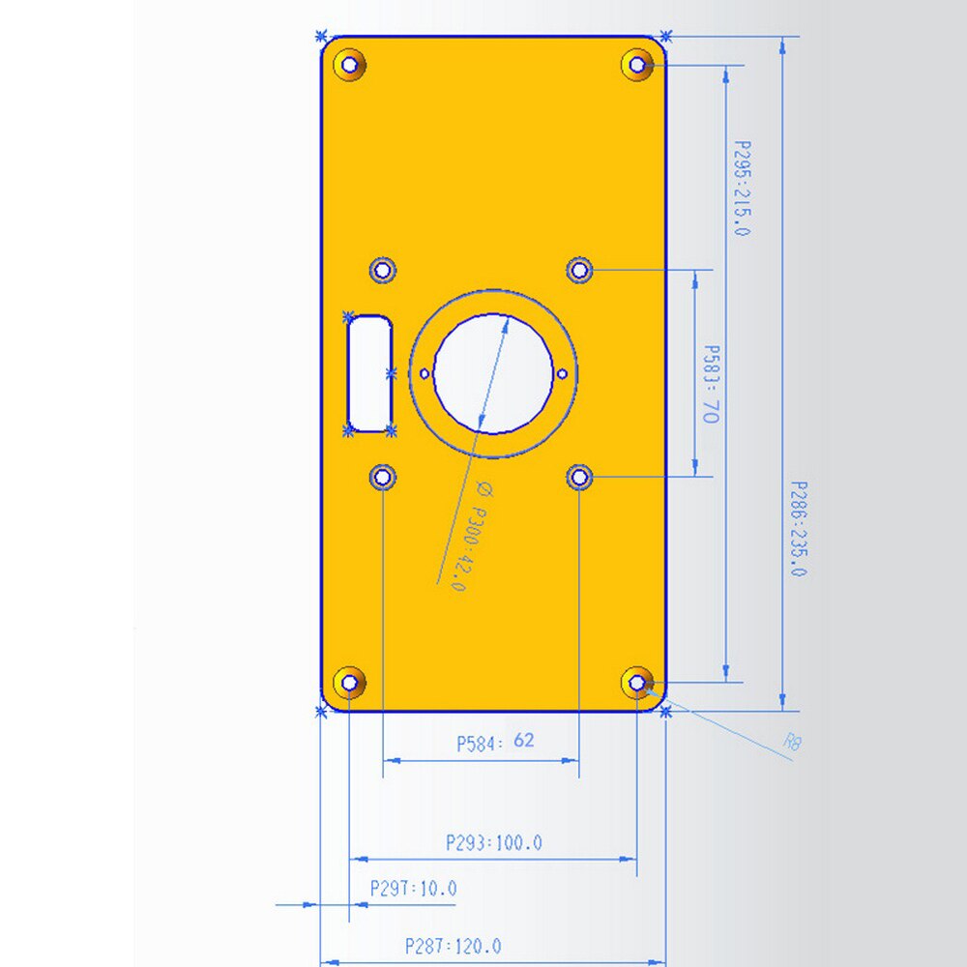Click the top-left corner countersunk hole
click(350, 65)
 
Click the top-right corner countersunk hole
click(637, 65)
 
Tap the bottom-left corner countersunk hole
click(350, 683)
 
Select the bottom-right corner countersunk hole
click(637, 683)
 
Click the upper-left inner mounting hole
click(384, 269)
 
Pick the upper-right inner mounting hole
click(579, 269)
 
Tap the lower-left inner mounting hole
click(384, 477)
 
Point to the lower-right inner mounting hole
click(579, 477)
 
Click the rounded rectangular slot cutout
click(369, 372)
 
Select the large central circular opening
click(493, 372)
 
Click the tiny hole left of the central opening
click(425, 373)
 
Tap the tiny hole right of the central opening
click(563, 373)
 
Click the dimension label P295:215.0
click(742, 188)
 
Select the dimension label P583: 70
click(711, 385)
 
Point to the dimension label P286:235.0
click(797, 529)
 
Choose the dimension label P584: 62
click(495, 742)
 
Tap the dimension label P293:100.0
click(494, 842)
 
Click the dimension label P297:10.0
click(413, 888)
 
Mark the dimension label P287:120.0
click(454, 946)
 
